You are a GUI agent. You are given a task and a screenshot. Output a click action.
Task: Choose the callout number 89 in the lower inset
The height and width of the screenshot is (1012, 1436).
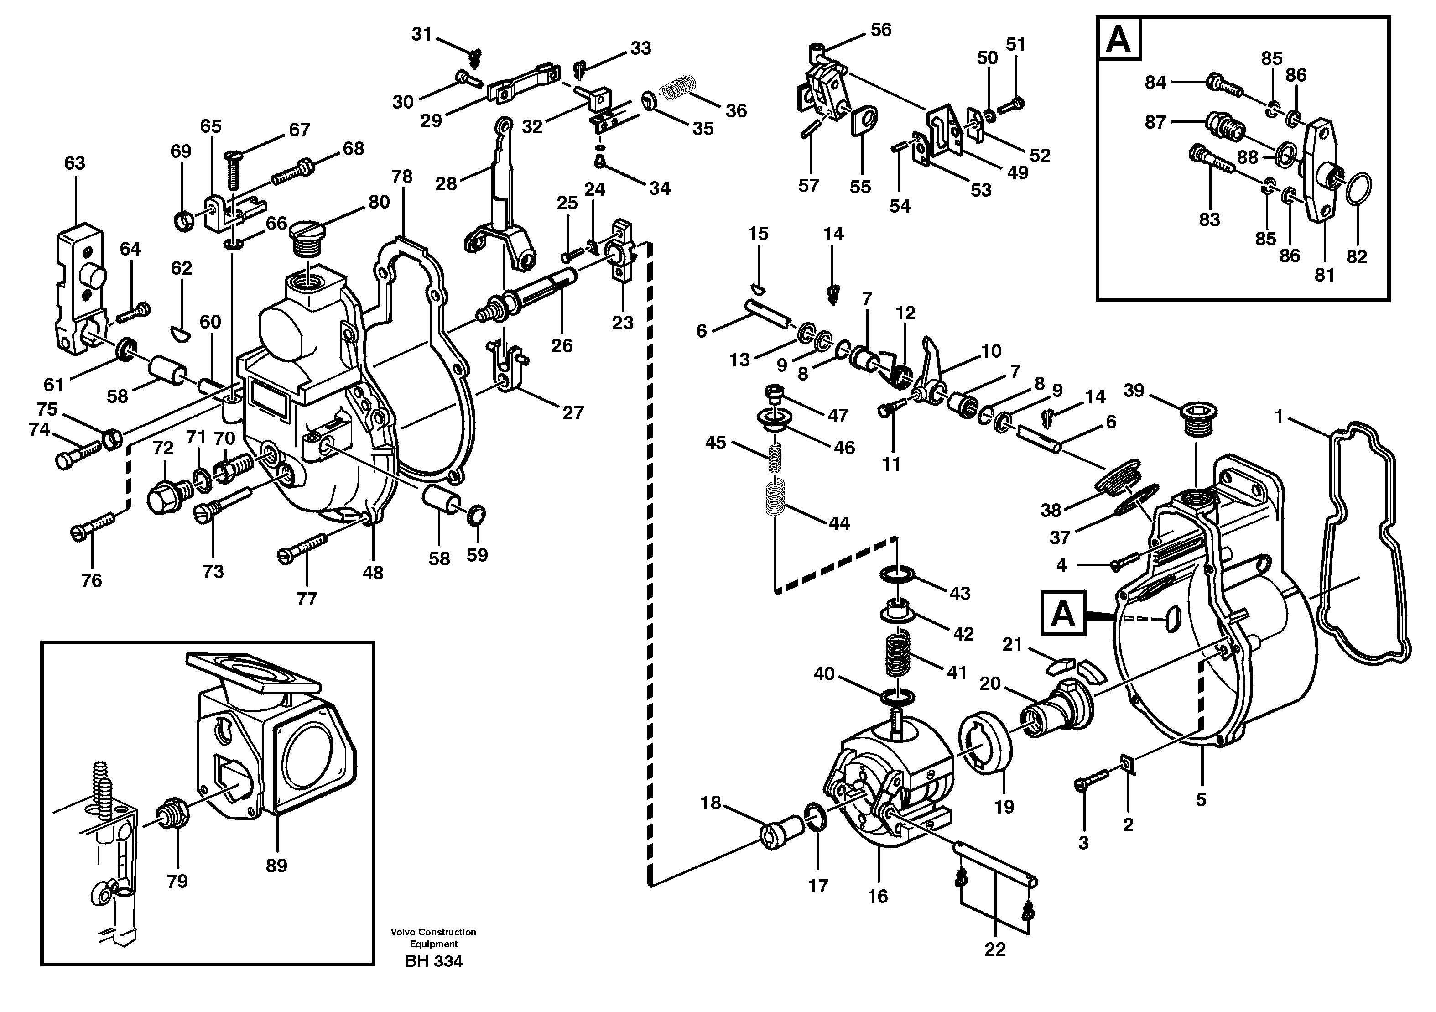pos(276,866)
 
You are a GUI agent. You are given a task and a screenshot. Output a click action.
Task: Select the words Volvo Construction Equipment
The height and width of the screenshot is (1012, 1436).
pos(433,938)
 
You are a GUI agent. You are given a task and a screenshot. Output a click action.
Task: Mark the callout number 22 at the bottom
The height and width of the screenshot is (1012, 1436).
pos(994,949)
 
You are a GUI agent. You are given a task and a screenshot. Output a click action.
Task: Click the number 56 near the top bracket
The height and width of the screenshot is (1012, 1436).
pos(880,29)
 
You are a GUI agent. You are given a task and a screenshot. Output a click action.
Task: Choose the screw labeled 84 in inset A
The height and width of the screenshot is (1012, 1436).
pos(1220,84)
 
